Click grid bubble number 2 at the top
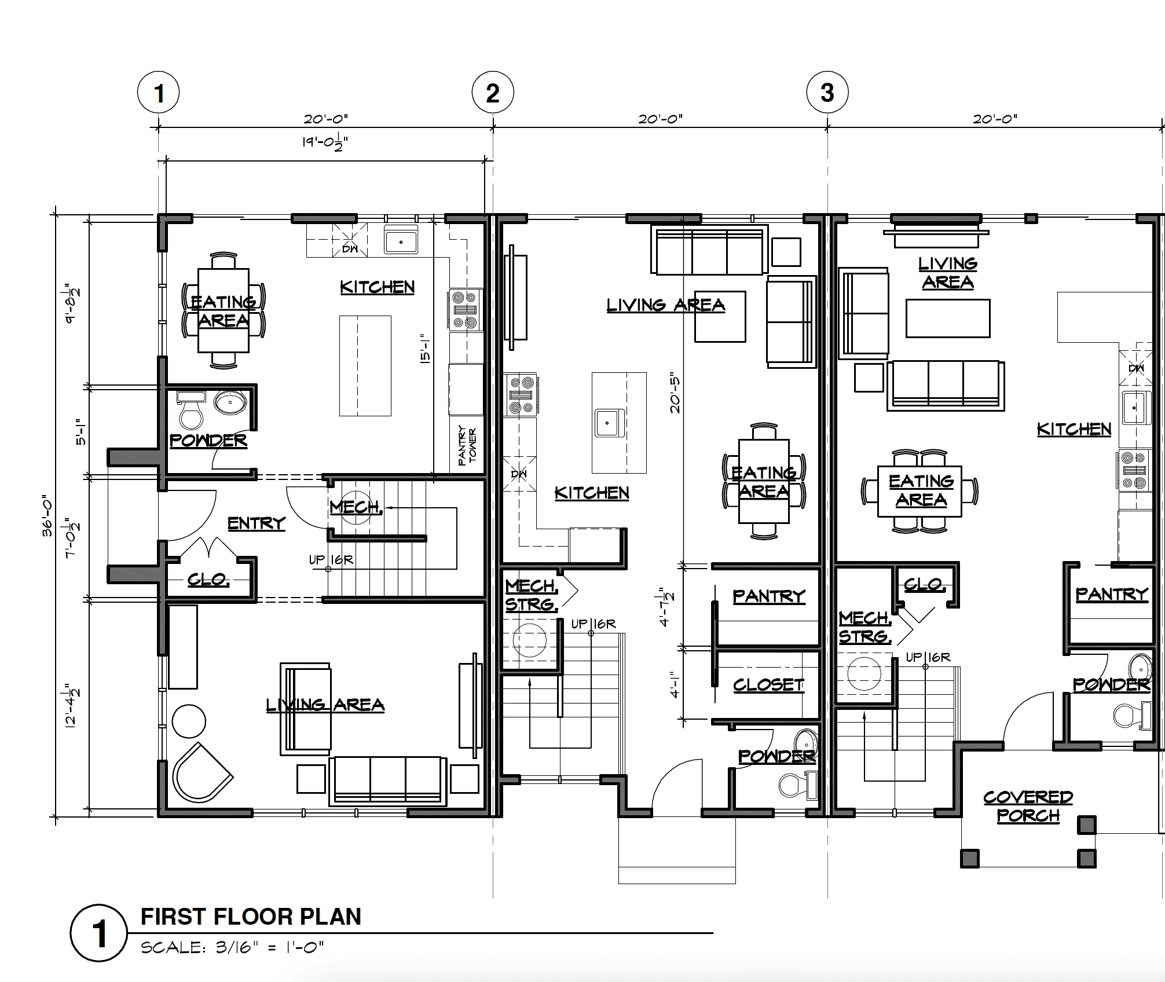493,93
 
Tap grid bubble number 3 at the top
827,93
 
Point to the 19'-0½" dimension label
325,142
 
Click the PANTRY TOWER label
467,446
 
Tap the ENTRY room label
257,523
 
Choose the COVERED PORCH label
1028,807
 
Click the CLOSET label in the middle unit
769,685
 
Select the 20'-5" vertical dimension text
675,395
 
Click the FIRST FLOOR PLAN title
251,917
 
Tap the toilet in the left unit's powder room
190,411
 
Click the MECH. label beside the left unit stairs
356,507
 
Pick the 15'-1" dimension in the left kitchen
425,348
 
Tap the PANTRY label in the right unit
1112,595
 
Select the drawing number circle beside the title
99,933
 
